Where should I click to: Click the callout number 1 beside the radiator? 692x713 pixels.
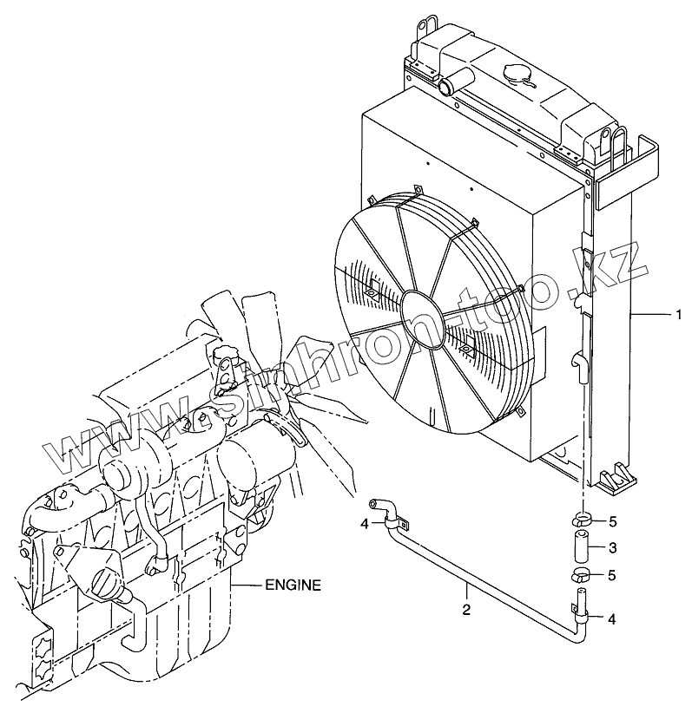tap(678, 314)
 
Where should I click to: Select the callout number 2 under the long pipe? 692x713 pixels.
tap(466, 609)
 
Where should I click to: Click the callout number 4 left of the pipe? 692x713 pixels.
tap(366, 522)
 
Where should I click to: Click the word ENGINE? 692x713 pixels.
tap(293, 585)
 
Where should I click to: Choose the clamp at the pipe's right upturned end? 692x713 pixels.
tap(580, 616)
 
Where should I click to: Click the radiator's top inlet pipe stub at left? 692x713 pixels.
tap(446, 87)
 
